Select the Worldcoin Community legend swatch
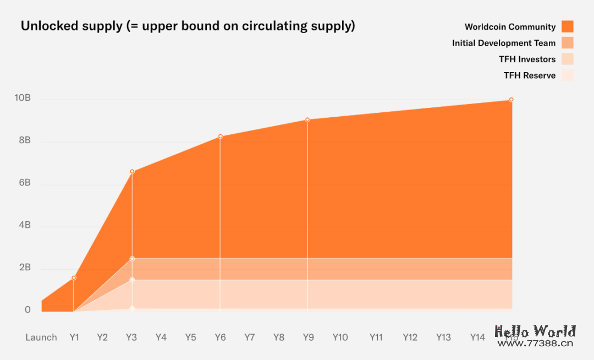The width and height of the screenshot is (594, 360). [x=568, y=26]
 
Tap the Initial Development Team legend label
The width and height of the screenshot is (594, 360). [x=504, y=43]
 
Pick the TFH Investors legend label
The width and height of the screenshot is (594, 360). [x=527, y=59]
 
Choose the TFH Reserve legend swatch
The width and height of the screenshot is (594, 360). [x=568, y=75]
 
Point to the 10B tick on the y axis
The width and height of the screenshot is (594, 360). [x=23, y=98]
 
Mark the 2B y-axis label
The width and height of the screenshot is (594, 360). [x=24, y=268]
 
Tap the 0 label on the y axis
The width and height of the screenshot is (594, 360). [x=28, y=310]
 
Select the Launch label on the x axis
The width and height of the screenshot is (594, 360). [x=41, y=337]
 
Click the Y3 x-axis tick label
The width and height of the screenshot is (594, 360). [x=131, y=337]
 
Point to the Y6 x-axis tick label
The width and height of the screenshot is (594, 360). [x=220, y=337]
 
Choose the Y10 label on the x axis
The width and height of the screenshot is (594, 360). [x=340, y=337]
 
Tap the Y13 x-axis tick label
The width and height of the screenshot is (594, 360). [x=443, y=337]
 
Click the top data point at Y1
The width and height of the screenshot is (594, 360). [x=74, y=278]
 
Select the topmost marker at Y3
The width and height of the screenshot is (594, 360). [x=132, y=172]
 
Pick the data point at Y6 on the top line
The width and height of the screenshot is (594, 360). [x=221, y=136]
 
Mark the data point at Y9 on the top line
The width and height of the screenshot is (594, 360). [x=307, y=119]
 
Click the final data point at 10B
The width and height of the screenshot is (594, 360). [x=511, y=100]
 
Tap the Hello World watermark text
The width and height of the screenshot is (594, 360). [x=535, y=332]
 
